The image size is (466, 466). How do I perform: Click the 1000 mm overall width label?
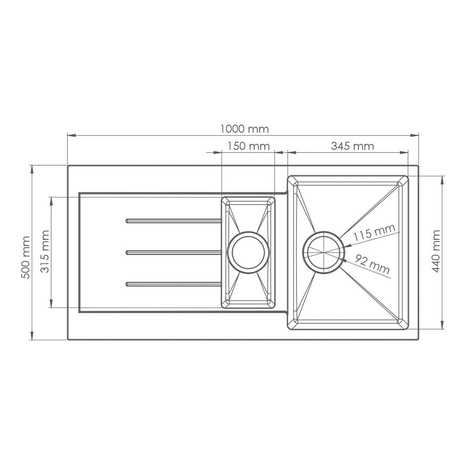[x=244, y=129]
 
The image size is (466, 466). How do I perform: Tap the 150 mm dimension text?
[x=249, y=146]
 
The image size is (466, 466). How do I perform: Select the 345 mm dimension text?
[x=352, y=146]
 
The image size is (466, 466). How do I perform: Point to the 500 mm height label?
[x=26, y=258]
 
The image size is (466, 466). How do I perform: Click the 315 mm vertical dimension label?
[x=44, y=251]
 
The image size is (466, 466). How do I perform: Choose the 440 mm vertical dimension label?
[x=436, y=251]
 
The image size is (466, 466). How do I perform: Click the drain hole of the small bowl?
[x=248, y=252]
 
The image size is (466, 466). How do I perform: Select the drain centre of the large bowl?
[x=324, y=252]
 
